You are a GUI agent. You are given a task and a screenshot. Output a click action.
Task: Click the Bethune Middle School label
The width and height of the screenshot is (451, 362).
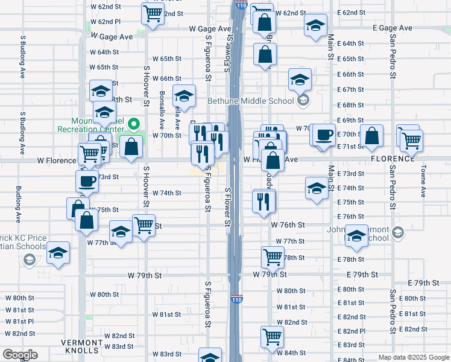251,101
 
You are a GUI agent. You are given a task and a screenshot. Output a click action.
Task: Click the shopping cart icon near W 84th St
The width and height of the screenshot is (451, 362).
273,336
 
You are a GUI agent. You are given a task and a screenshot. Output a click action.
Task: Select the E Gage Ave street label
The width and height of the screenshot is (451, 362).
392,28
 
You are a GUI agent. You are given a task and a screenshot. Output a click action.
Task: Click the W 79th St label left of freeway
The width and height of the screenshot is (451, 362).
145,275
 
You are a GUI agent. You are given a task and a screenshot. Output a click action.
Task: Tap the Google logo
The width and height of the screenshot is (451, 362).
19,355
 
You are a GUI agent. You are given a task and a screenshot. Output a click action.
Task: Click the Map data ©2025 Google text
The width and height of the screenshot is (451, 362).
413,357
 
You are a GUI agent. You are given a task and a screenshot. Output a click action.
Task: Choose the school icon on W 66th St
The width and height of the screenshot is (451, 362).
184,95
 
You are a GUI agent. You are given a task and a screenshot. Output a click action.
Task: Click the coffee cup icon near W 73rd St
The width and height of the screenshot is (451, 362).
87,181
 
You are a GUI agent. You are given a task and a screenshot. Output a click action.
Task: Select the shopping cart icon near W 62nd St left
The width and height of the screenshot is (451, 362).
153,13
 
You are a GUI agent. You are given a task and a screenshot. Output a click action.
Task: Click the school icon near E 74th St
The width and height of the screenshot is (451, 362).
317,188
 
